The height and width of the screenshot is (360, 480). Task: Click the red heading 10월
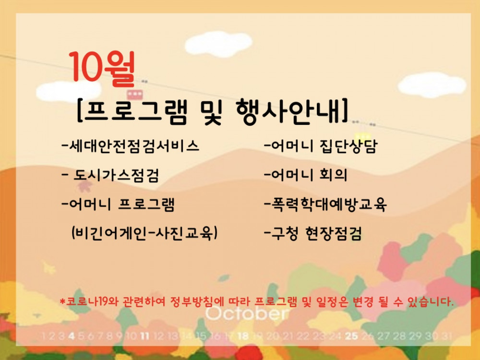tap(102, 69)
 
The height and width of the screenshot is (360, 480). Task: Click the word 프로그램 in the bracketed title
tap(135, 111)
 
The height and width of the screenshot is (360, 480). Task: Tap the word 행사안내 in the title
tap(288, 111)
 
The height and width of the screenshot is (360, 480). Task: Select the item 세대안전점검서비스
tap(131, 146)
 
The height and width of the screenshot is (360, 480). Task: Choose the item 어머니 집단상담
tap(321, 146)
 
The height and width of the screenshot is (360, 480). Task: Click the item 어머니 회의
tap(306, 175)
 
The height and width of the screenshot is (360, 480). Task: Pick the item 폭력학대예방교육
tap(325, 204)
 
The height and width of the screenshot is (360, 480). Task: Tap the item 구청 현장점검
tap(313, 234)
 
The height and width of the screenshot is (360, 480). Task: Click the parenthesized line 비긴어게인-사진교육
tap(144, 234)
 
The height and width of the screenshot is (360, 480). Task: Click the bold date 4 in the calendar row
tap(72, 336)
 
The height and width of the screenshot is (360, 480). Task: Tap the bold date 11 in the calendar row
tap(144, 336)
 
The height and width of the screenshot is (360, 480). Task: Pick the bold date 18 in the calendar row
tap(243, 336)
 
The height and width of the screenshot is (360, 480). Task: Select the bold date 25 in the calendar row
tap(351, 336)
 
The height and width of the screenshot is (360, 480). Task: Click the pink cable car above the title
tap(135, 94)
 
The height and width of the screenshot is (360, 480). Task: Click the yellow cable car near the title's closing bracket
tap(362, 136)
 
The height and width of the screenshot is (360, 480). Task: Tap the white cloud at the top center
tap(218, 44)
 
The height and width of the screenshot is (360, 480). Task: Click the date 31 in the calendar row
tap(446, 336)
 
